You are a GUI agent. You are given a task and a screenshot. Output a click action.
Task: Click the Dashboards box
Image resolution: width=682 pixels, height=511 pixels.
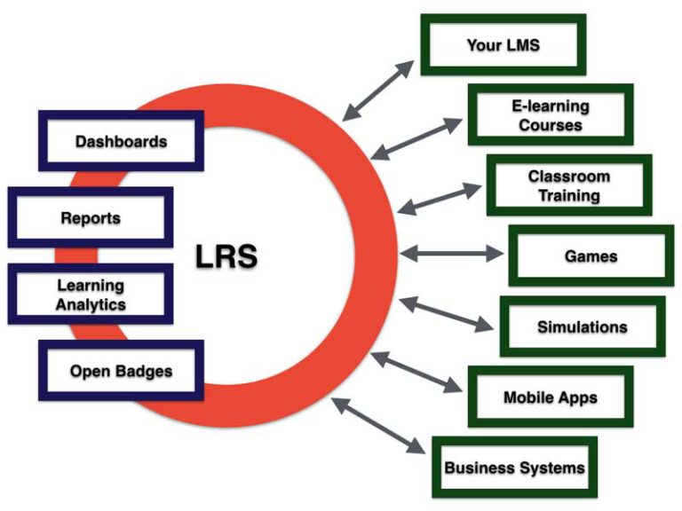(x=121, y=141)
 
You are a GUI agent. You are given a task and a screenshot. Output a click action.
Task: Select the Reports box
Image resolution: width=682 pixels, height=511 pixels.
(x=90, y=217)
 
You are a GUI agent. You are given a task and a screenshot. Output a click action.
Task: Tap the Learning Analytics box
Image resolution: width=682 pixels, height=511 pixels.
(x=90, y=295)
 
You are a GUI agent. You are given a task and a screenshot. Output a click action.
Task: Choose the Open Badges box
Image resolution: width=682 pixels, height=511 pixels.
(x=121, y=370)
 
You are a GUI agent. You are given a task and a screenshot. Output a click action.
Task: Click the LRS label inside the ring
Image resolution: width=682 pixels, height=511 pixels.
(x=226, y=256)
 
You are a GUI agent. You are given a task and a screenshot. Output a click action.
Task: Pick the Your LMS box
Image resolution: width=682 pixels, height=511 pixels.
(x=503, y=44)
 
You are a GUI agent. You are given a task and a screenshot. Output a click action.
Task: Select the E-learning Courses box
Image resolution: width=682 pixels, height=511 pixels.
(x=550, y=114)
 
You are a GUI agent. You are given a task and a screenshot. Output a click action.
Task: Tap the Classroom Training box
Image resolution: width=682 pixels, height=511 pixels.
(x=569, y=185)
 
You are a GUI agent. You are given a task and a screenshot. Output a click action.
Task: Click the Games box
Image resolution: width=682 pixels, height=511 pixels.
(x=591, y=256)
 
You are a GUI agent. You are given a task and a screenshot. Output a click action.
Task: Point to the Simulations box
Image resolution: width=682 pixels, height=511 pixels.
(x=582, y=327)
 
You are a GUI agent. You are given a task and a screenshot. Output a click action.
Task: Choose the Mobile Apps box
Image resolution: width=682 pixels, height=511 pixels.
(x=550, y=397)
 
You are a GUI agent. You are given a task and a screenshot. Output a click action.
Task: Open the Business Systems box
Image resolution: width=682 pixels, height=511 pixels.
(x=514, y=467)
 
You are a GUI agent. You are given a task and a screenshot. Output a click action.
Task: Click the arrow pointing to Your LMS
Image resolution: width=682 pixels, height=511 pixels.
(x=379, y=90)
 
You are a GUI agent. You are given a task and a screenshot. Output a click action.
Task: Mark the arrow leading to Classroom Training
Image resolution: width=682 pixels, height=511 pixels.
(x=440, y=197)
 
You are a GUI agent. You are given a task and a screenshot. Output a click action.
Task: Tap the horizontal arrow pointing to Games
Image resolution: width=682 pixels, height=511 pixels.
(x=451, y=254)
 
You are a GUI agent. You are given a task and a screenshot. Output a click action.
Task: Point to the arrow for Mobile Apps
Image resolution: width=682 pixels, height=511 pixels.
(x=416, y=373)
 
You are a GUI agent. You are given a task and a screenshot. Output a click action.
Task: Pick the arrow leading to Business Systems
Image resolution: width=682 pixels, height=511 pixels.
(x=377, y=427)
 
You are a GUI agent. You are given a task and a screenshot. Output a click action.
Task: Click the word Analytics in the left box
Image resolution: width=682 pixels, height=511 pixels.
(x=90, y=304)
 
